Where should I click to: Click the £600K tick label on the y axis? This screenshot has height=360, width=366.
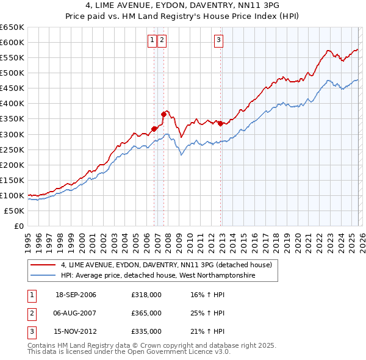point(12,42)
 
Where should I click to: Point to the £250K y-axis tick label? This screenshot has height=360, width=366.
point(12,149)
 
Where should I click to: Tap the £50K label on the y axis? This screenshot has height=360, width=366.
point(14,211)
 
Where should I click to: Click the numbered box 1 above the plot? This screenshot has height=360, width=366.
point(151,41)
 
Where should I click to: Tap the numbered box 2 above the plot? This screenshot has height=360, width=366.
point(163,41)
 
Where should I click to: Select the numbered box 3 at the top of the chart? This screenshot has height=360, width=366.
point(218,41)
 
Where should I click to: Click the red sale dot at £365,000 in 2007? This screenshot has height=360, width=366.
point(163,113)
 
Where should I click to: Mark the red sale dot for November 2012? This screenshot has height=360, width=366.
point(220,123)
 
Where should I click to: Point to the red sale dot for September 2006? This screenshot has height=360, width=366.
point(154,128)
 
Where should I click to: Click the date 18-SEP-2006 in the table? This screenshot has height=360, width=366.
point(76,295)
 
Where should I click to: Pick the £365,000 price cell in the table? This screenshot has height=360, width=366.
point(146,313)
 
